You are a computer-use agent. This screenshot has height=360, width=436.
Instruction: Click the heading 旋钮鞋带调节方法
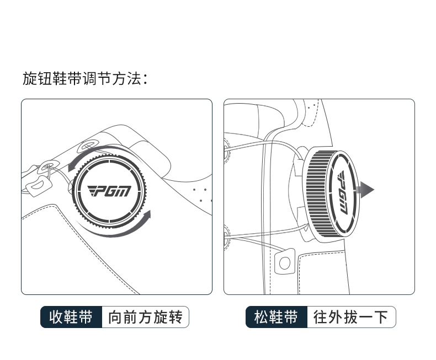pyautogui.click(x=86, y=78)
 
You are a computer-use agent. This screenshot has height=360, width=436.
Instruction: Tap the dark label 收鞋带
pyautogui.click(x=71, y=318)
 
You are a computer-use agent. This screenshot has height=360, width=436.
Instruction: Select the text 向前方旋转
pyautogui.click(x=145, y=318)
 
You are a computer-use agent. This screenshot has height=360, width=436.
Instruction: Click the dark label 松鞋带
pyautogui.click(x=276, y=318)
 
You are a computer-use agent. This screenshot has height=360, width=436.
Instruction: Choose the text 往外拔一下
pyautogui.click(x=351, y=318)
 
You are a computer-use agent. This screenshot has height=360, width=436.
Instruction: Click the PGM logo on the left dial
pyautogui.click(x=109, y=191)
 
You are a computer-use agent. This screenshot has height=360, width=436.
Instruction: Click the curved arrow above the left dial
pyautogui.click(x=97, y=154)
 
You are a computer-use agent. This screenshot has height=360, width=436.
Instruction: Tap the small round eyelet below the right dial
pyautogui.click(x=285, y=262)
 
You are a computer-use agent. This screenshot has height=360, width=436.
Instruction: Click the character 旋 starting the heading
pyautogui.click(x=29, y=78)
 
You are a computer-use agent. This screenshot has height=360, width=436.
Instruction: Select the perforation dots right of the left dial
pyautogui.click(x=202, y=194)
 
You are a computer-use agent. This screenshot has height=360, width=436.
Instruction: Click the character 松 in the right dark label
pyautogui.click(x=261, y=318)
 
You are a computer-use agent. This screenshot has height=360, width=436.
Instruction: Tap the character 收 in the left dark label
pyautogui.click(x=56, y=318)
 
